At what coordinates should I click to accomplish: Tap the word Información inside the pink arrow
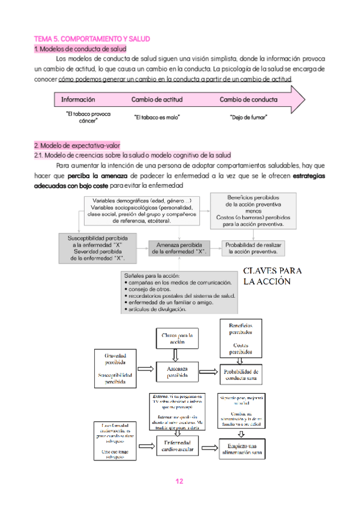click(78, 100)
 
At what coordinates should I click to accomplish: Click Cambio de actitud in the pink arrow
click(157, 100)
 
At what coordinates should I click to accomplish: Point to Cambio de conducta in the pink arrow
click(248, 100)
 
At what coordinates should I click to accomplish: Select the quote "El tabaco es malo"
click(157, 117)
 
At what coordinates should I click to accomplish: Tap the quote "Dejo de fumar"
click(248, 117)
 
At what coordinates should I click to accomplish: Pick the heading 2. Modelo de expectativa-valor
click(77, 145)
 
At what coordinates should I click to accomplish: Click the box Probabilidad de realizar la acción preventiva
click(254, 248)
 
